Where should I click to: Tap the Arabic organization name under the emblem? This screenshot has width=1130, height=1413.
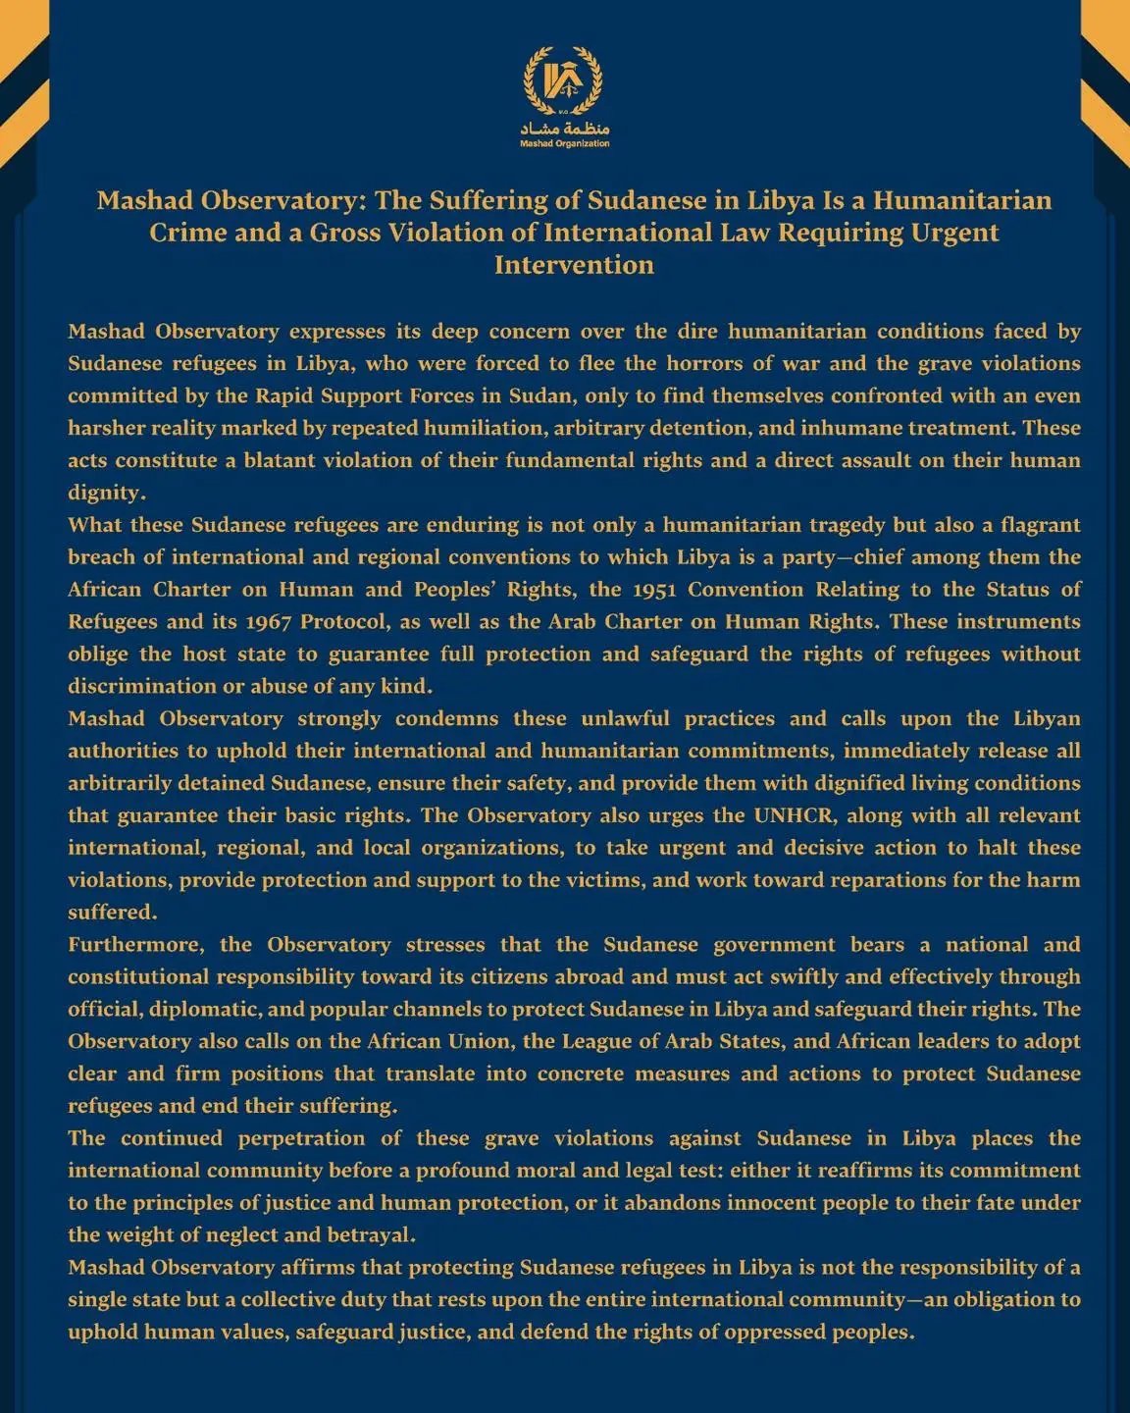point(565,129)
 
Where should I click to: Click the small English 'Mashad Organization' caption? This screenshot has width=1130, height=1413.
point(565,144)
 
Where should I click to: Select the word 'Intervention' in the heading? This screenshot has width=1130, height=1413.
point(574,265)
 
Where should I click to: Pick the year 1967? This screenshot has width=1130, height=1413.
point(267,622)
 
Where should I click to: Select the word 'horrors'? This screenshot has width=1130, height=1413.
point(705,364)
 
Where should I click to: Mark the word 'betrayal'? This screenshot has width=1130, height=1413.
point(371,1235)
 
